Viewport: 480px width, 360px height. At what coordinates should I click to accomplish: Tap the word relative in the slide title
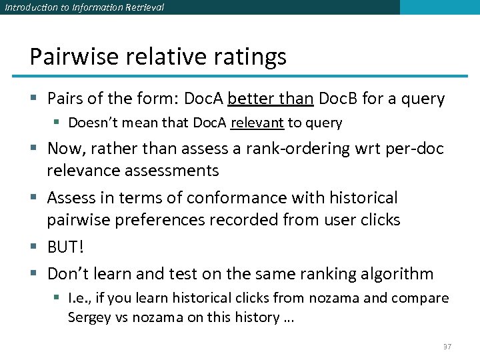click(x=167, y=57)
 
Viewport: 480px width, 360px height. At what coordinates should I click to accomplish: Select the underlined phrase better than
click(x=270, y=99)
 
